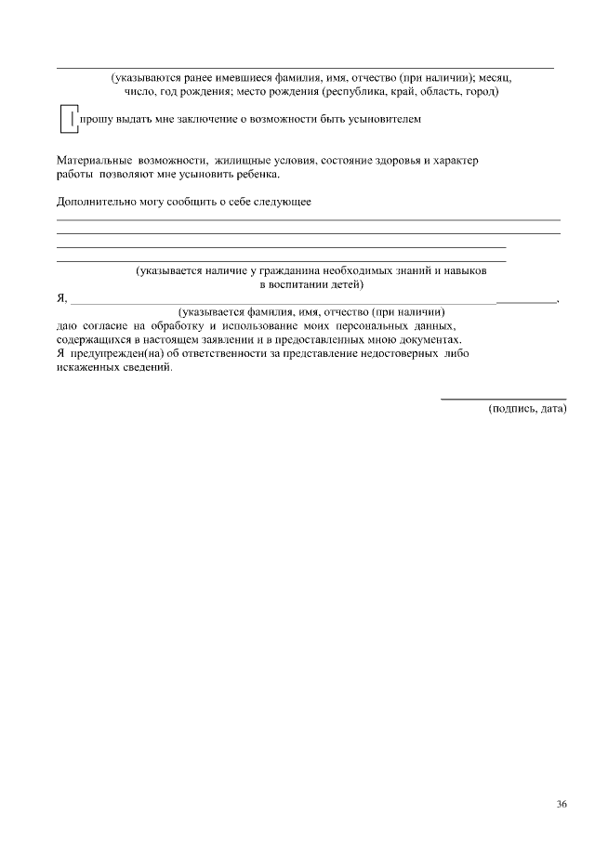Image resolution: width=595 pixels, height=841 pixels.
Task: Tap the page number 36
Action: click(562, 805)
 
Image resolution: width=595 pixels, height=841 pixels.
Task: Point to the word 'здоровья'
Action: click(389, 161)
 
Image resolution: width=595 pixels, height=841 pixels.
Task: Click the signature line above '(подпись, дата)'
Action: click(503, 398)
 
